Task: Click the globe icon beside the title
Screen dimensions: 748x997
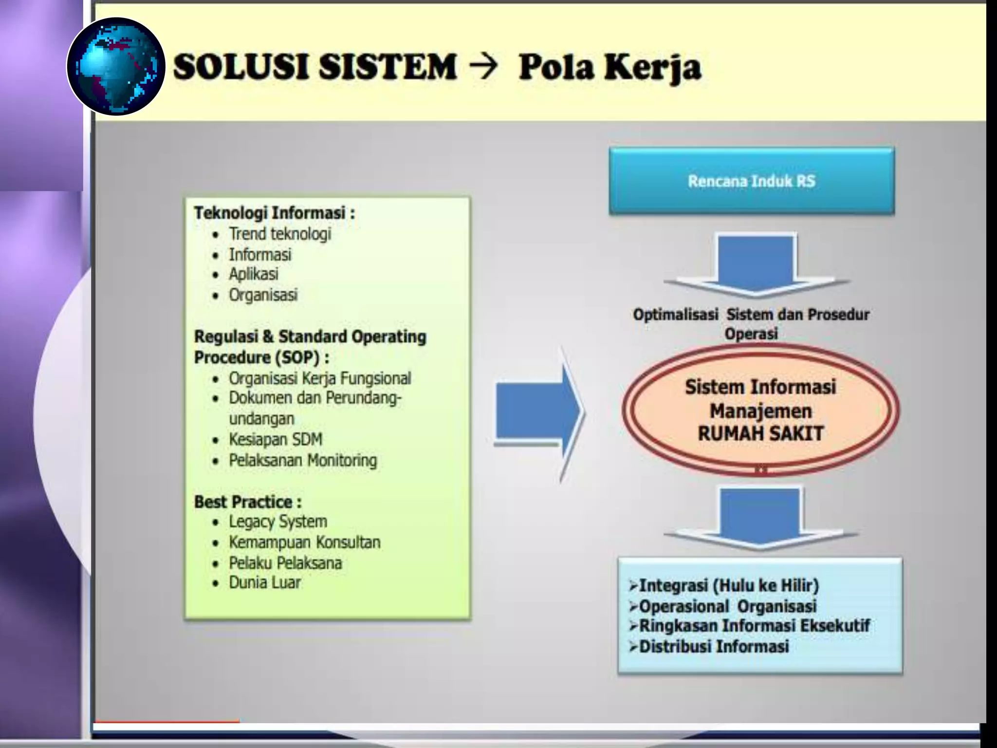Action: tap(116, 66)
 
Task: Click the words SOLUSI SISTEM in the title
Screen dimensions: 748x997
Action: tap(315, 67)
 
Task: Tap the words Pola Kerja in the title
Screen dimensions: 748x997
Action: tap(609, 68)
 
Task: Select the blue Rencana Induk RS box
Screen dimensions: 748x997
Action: tap(751, 181)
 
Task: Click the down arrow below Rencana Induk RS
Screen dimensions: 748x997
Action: tap(756, 265)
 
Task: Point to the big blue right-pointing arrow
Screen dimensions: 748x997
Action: tap(538, 413)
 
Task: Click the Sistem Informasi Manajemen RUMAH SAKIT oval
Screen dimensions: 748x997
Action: tap(760, 411)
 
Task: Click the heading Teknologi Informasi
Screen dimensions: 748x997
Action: tap(274, 213)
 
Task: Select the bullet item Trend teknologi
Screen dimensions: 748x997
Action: tap(280, 234)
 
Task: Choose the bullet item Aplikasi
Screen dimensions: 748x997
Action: tap(254, 274)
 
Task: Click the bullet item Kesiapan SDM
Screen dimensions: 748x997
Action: tap(276, 439)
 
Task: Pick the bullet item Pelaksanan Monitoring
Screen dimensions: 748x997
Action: tap(303, 460)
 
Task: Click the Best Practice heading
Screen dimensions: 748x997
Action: tap(247, 502)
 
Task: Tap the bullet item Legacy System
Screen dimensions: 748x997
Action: tap(278, 522)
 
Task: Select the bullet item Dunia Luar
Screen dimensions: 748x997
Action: tap(265, 582)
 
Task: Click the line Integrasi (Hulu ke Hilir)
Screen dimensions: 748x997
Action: tap(728, 585)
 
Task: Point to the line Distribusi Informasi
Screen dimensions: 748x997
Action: tap(713, 646)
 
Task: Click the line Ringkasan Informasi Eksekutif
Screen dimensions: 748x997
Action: tap(754, 626)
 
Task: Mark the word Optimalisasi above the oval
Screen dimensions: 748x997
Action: tap(675, 315)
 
